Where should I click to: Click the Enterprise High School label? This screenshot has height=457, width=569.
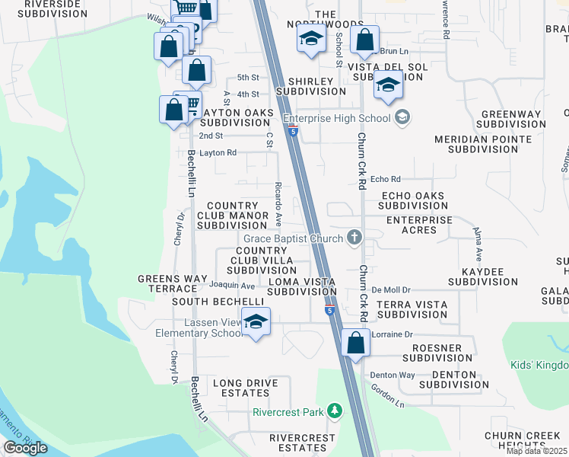[x=335, y=118]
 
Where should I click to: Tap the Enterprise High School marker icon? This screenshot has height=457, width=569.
[x=402, y=117]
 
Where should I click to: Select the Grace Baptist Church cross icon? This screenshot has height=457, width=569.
[x=354, y=238]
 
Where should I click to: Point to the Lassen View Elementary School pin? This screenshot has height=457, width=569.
[x=256, y=323]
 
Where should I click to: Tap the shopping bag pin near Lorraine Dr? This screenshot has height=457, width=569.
[x=355, y=343]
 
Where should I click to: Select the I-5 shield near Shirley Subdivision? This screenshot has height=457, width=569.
[x=292, y=131]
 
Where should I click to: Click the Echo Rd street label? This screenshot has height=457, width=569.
[x=385, y=179]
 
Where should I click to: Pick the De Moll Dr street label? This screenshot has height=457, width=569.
[x=392, y=290]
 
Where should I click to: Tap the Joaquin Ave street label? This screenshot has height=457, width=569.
[x=231, y=285]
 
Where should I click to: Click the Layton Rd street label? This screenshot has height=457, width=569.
[x=218, y=152]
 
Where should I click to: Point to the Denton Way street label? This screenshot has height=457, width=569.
[x=393, y=375]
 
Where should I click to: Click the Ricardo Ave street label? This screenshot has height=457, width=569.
[x=278, y=205]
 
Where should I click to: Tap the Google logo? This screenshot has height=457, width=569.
[x=25, y=448]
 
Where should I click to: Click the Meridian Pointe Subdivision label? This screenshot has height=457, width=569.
[x=482, y=145]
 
